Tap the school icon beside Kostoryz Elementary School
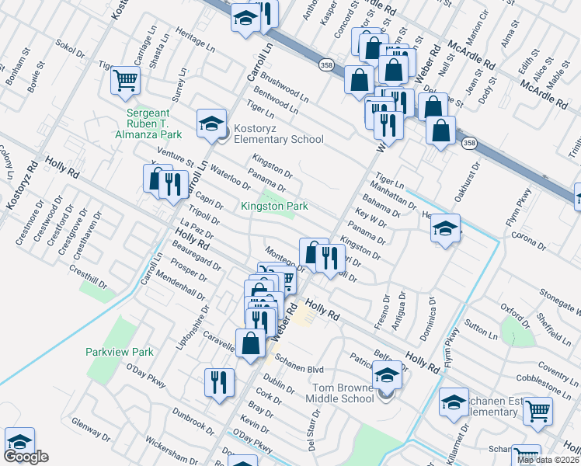(211, 123)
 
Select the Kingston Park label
(275, 206)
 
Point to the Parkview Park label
(120, 352)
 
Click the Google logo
(26, 457)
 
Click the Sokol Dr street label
(71, 50)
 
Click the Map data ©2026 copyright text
(548, 460)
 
